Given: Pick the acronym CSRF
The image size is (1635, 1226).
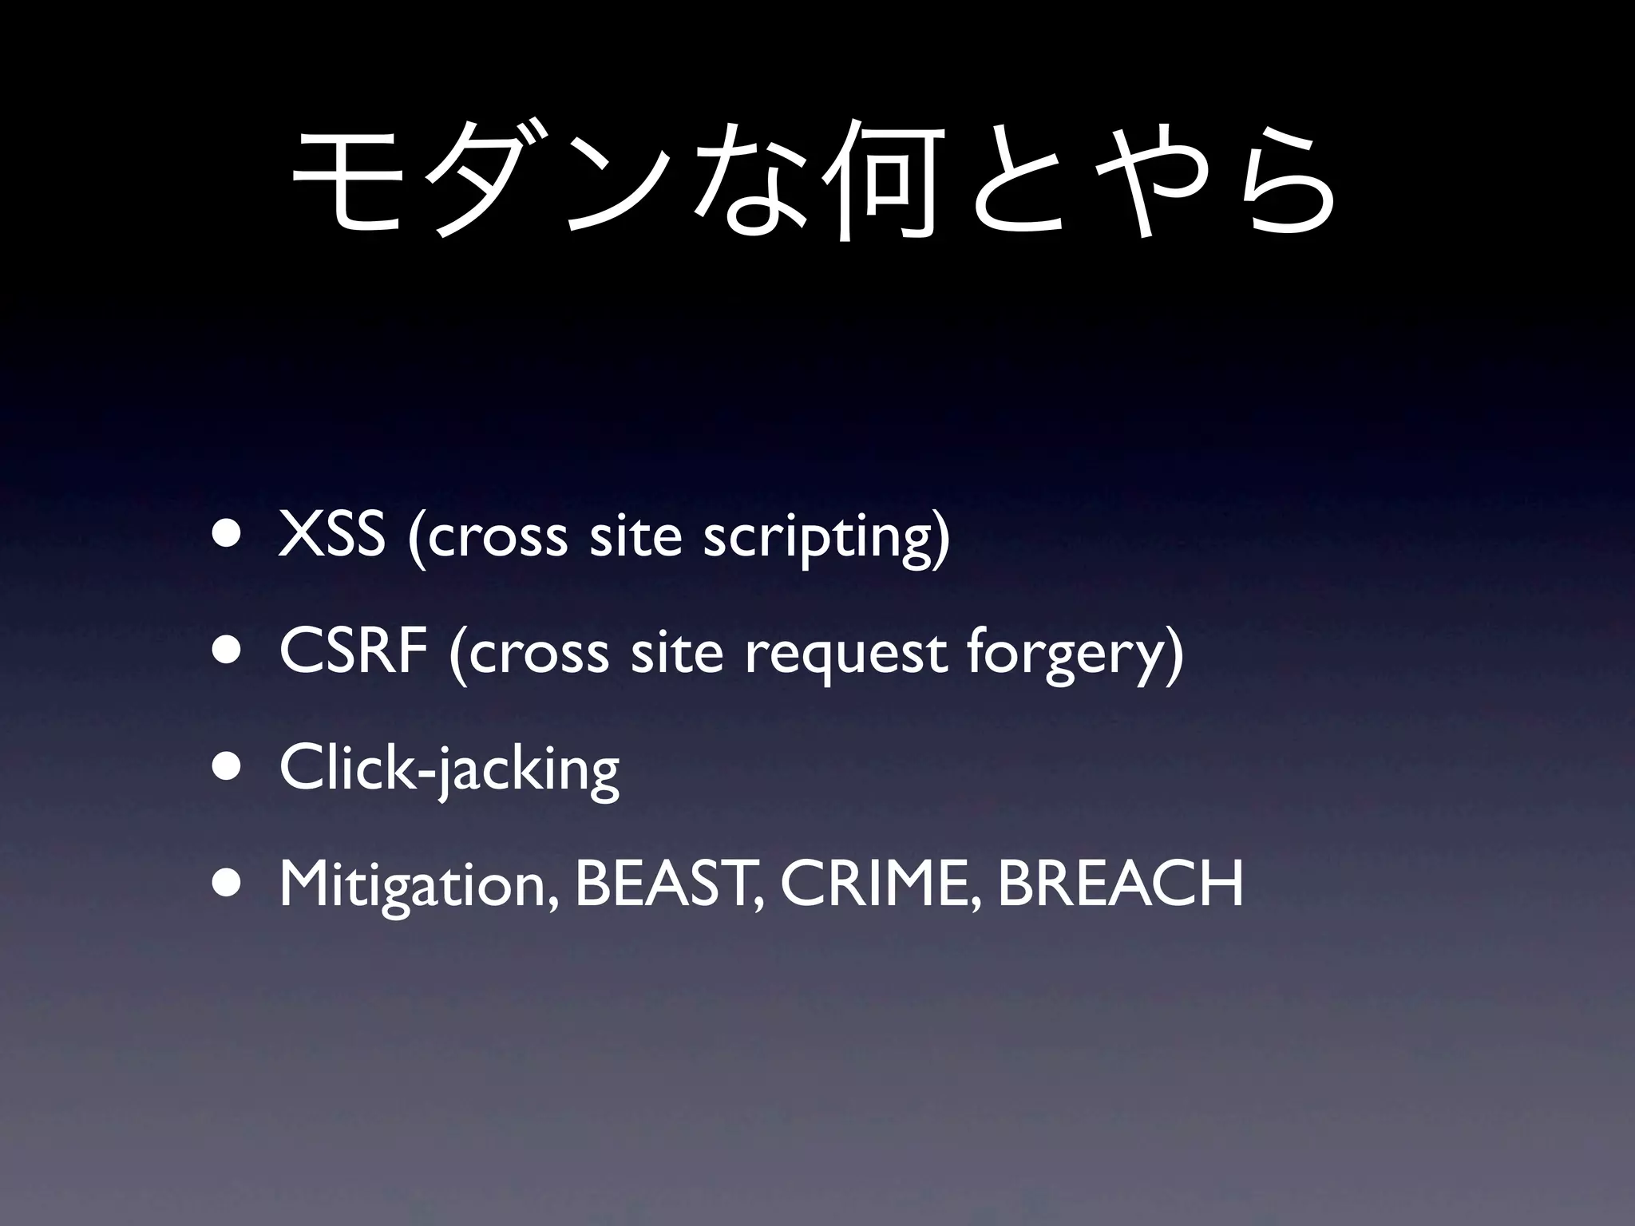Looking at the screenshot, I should pyautogui.click(x=353, y=651).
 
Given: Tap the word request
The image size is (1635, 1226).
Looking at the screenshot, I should pyautogui.click(x=846, y=655).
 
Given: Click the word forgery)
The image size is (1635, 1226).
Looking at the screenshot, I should pyautogui.click(x=1075, y=655).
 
